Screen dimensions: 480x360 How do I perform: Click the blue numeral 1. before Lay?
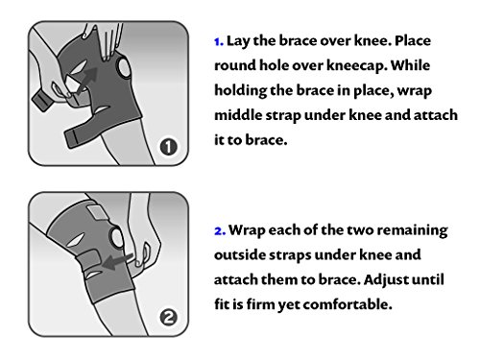tap(219, 41)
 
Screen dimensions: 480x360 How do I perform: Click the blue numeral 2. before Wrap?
tap(220, 230)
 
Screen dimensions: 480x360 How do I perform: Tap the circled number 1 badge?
tap(168, 147)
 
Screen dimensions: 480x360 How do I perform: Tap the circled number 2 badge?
tap(168, 318)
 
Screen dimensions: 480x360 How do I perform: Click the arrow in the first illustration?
tap(86, 80)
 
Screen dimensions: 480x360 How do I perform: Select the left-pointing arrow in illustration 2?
tap(117, 261)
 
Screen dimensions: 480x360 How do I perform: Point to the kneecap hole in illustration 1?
tap(124, 67)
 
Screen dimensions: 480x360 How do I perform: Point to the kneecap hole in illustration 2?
tap(116, 238)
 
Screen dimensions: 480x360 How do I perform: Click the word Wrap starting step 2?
tap(247, 230)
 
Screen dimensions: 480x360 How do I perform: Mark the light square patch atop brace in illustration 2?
tap(97, 211)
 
